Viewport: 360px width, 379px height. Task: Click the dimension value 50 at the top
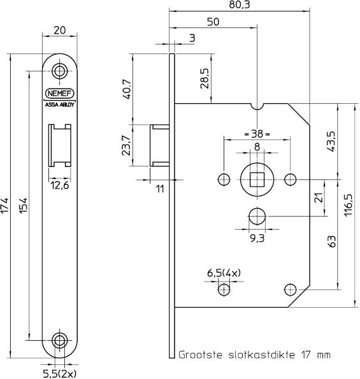coord(213,23)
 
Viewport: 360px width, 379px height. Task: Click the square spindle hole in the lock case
coord(257,178)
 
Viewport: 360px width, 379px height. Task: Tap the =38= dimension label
coord(257,134)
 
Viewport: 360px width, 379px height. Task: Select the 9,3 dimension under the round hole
coord(257,237)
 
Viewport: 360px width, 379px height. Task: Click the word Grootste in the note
coord(200,352)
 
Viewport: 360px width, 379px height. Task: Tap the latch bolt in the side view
coord(158,147)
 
